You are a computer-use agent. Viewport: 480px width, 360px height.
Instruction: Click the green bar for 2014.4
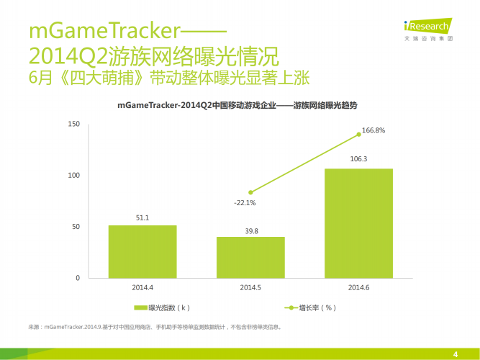click(142, 251)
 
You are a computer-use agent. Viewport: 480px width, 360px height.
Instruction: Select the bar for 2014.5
click(250, 257)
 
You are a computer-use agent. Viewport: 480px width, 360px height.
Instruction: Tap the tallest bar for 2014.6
click(358, 223)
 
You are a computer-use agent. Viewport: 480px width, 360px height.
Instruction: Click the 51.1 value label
click(142, 217)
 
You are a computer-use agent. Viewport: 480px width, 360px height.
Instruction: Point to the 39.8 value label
click(250, 230)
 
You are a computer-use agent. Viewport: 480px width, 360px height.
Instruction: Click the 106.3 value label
click(358, 159)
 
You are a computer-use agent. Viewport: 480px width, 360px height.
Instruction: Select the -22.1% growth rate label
click(245, 203)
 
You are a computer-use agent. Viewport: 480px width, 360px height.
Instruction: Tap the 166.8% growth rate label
click(373, 130)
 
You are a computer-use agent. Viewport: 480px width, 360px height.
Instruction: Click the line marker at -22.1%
click(250, 192)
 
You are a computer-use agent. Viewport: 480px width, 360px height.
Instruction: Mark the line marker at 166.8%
click(358, 134)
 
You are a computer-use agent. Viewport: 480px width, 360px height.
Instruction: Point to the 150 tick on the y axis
click(73, 124)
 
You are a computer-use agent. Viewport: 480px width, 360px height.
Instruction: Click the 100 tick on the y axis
click(73, 175)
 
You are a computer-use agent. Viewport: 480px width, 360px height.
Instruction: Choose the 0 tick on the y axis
click(78, 278)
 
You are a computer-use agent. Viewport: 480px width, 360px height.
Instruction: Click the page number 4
click(456, 353)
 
